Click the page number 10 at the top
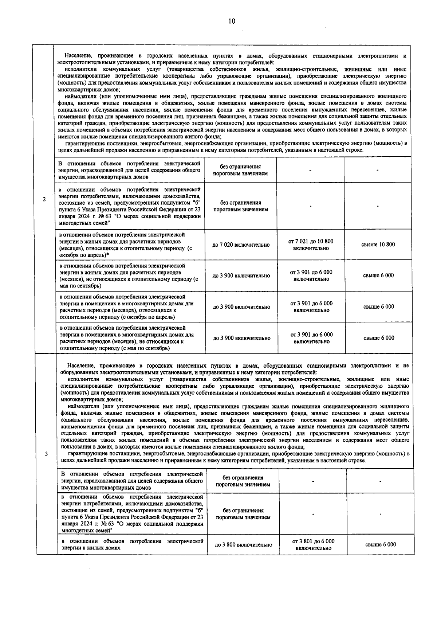point(232,21)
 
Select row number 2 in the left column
point(44,199)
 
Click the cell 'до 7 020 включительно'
point(241,245)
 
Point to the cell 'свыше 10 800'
point(378,245)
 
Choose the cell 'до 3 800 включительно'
point(243,545)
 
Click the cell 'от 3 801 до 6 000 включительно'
point(313,544)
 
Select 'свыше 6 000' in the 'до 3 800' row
point(381,544)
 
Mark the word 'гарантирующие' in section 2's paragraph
point(82,143)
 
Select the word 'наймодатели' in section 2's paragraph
point(80,96)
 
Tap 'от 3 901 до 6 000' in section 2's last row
point(311,335)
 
